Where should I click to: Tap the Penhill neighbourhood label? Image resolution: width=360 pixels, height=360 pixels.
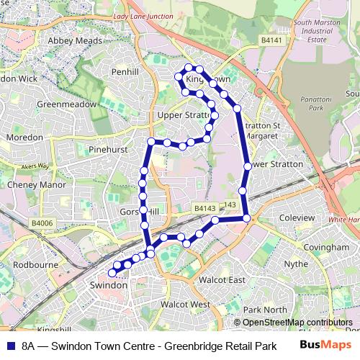pyautogui.click(x=130, y=73)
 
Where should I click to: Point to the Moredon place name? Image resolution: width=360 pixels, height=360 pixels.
pyautogui.click(x=24, y=137)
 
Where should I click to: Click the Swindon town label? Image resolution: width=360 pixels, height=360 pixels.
pyautogui.click(x=109, y=285)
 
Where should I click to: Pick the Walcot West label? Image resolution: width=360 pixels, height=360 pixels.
pyautogui.click(x=185, y=305)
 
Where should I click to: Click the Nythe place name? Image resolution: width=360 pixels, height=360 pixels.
pyautogui.click(x=296, y=264)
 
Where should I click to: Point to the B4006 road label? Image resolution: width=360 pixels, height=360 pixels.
pyautogui.click(x=42, y=224)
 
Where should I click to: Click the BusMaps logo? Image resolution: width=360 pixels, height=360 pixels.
pyautogui.click(x=325, y=346)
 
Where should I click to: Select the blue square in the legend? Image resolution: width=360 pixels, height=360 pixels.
pyautogui.click(x=9, y=346)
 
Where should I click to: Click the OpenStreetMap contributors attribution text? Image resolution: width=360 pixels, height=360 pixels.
pyautogui.click(x=297, y=323)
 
